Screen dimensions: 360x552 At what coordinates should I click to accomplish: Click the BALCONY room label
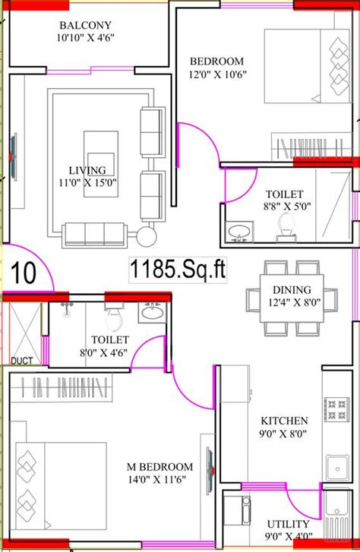85,25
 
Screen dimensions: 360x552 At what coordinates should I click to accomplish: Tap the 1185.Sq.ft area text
178,270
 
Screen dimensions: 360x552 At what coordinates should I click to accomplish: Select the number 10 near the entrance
24,273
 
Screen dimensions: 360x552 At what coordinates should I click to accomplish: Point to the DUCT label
22,361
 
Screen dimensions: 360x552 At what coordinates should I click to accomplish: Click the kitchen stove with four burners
336,409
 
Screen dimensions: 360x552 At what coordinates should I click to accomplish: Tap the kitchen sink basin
337,468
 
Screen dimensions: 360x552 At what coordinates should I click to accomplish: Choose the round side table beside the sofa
146,237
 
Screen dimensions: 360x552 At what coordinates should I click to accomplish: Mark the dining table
292,298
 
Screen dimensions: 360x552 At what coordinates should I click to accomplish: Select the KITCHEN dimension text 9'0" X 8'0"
283,434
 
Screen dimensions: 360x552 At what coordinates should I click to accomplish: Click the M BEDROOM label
160,467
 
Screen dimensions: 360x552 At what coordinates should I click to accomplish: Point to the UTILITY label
288,524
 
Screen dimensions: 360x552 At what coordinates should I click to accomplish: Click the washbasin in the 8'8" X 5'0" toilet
239,232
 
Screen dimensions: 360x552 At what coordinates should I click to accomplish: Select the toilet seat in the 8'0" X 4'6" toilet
114,319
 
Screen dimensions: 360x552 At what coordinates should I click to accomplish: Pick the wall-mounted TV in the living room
14,156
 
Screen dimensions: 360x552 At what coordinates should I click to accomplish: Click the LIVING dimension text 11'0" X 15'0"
87,183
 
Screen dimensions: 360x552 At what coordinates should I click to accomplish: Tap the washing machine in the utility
237,510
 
